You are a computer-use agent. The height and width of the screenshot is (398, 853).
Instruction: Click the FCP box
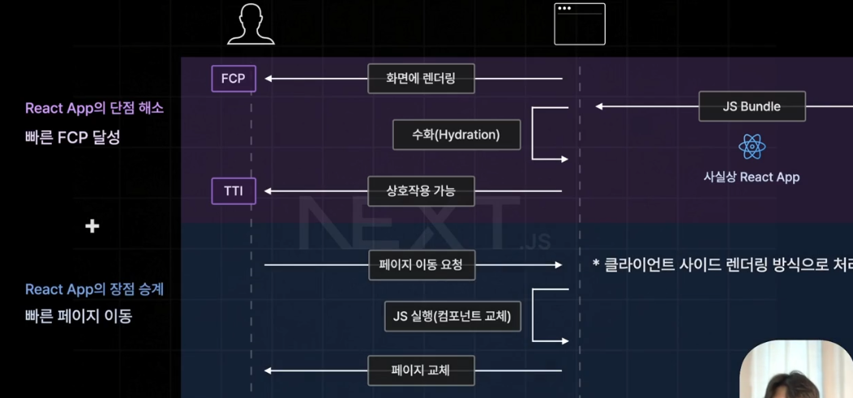pos(234,79)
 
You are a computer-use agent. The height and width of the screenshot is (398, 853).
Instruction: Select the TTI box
pos(234,191)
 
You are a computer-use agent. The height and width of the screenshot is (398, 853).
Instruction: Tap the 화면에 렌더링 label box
pos(421,79)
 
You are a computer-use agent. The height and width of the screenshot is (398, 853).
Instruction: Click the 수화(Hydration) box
pos(457,135)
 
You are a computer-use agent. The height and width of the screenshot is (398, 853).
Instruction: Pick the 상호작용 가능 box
pos(421,191)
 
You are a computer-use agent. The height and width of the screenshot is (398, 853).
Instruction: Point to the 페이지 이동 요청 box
pos(421,264)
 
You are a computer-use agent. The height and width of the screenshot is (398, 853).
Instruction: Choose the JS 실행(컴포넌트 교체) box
pos(452,316)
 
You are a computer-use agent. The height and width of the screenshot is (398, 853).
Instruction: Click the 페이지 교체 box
pos(421,371)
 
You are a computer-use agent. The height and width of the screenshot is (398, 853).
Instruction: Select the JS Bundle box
pos(752,106)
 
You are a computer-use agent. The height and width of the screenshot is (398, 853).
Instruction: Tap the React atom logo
pos(752,148)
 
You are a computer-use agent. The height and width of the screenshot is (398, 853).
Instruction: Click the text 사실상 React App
pos(752,177)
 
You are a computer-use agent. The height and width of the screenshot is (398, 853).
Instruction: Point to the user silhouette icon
pos(251,24)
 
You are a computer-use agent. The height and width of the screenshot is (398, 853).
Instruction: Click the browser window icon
pos(580,24)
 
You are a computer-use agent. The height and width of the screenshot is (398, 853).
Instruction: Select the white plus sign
pos(92,226)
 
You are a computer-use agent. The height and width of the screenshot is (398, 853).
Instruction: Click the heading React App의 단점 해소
pos(94,108)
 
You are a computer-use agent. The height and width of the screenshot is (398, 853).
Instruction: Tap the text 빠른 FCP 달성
pos(72,137)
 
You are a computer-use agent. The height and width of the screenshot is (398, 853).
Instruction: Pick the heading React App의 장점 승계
pos(94,289)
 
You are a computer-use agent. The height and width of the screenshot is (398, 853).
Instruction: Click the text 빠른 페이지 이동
pos(79,316)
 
